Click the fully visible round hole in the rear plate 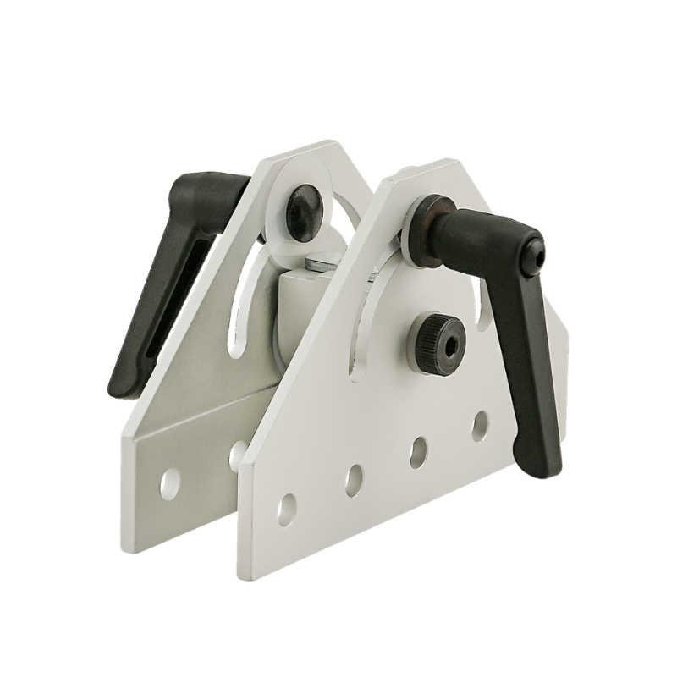click(170, 482)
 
